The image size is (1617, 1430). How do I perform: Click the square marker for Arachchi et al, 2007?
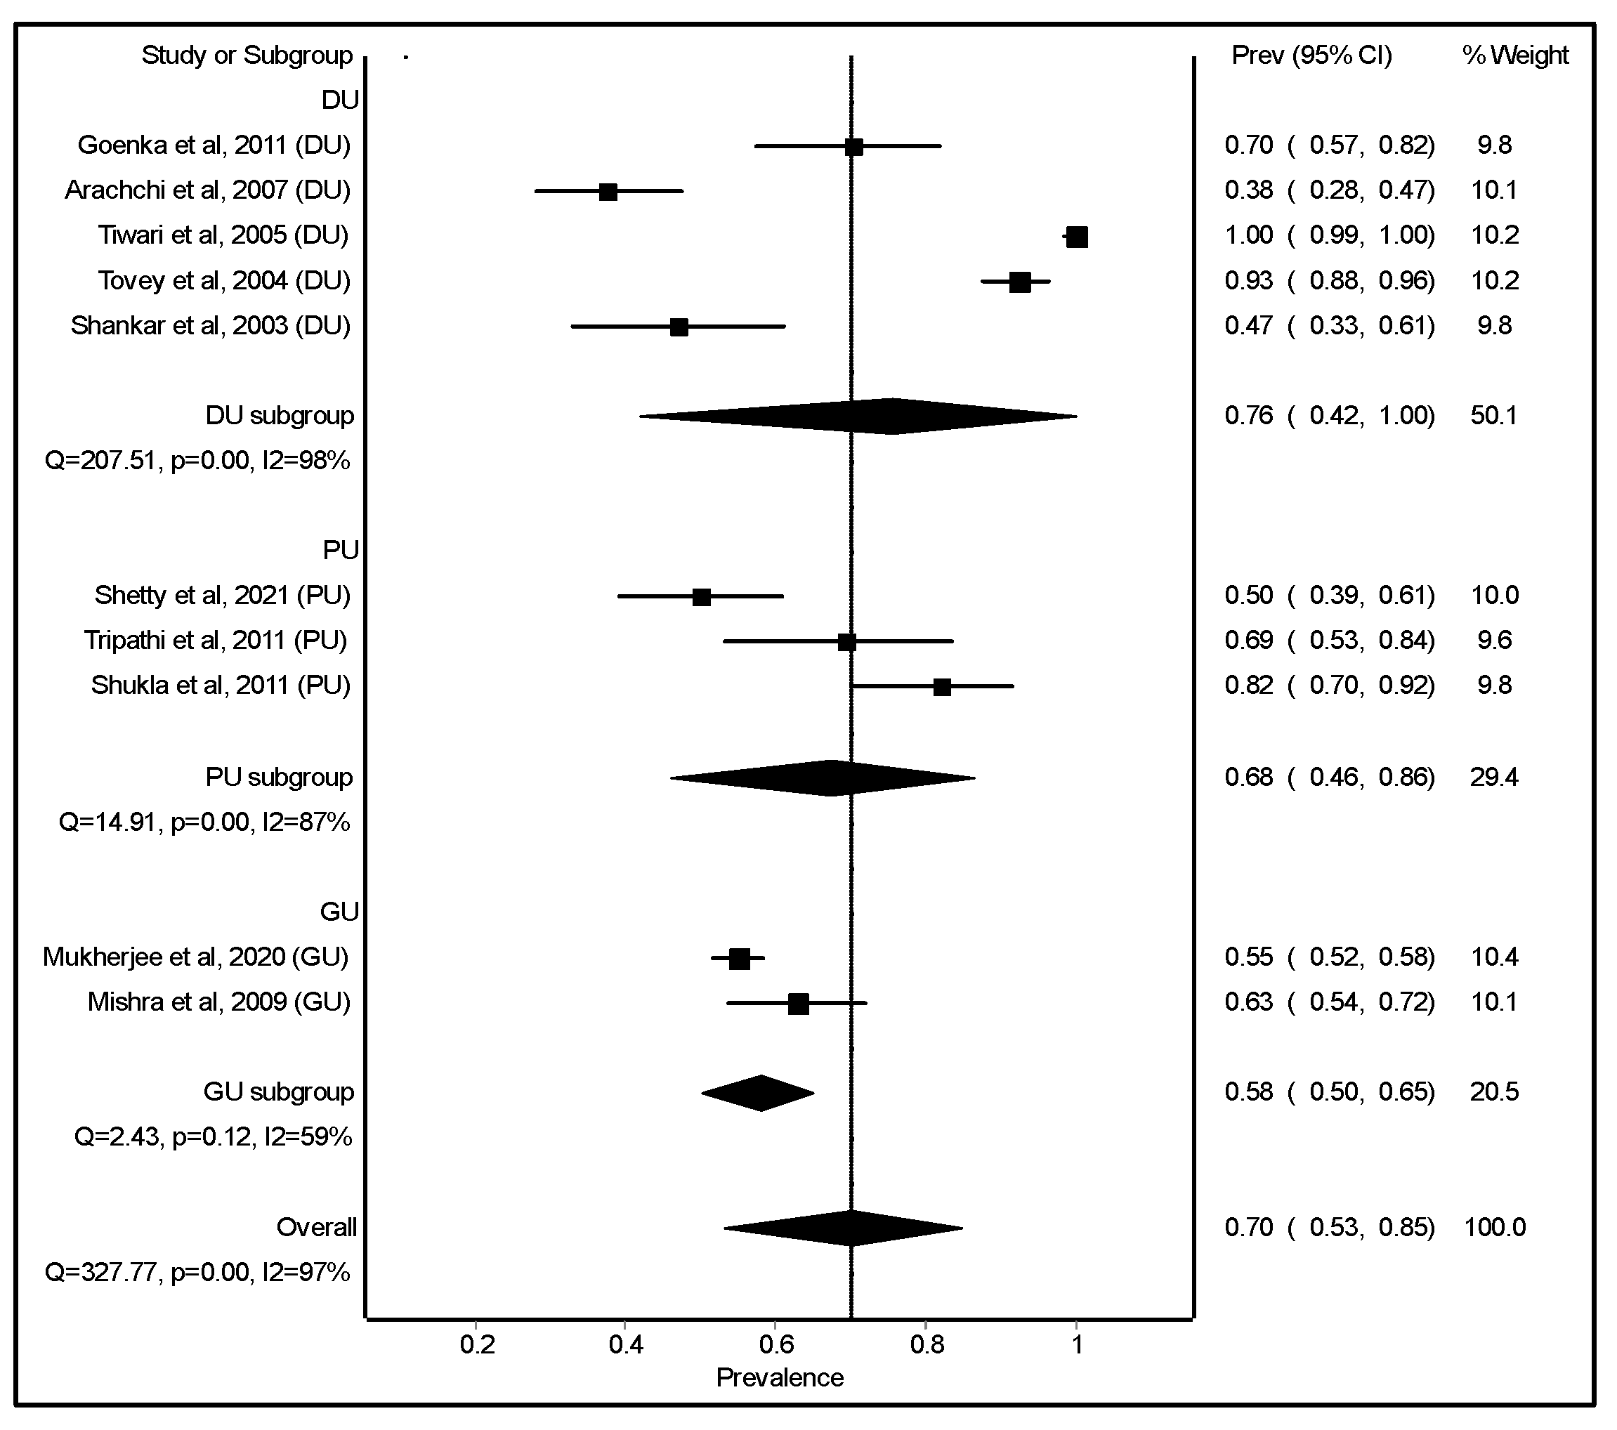608,192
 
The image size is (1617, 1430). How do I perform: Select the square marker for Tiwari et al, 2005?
1077,237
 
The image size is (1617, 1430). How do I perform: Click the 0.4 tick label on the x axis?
626,1344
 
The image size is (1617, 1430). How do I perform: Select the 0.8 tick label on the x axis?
927,1344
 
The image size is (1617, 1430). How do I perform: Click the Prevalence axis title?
779,1378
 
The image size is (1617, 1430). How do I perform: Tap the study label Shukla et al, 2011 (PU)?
221,685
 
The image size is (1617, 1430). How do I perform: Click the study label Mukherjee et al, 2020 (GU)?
196,957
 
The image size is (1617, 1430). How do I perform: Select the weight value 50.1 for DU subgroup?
1493,416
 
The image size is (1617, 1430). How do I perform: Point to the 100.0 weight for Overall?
1494,1228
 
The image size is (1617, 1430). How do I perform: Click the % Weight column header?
1514,55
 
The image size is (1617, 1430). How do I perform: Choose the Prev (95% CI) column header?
1311,55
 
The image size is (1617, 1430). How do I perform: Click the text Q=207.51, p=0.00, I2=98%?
197,460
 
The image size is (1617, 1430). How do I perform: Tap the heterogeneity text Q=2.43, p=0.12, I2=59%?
213,1137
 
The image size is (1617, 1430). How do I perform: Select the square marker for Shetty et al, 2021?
701,597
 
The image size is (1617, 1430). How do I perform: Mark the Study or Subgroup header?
247,55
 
